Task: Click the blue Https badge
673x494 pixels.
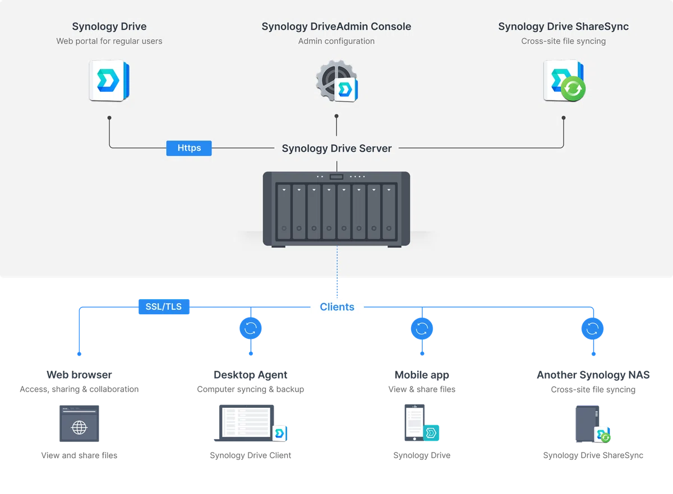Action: (188, 148)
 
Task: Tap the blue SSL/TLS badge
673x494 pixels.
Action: (164, 306)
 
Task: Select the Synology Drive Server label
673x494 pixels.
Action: (336, 148)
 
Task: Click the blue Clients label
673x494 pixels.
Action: (337, 307)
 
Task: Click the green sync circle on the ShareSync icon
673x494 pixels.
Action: (573, 88)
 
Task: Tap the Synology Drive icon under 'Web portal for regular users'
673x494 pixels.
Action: (109, 81)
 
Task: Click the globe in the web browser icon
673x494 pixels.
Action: (79, 427)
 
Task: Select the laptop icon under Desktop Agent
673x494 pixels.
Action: (246, 422)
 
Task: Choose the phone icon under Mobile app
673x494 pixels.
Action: (414, 422)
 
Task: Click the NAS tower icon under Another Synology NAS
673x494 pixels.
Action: (587, 423)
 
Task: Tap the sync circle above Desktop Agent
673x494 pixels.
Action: (251, 328)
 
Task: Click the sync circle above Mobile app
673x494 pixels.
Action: (422, 328)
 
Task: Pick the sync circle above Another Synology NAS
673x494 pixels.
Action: (592, 328)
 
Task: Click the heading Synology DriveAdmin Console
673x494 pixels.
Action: (336, 26)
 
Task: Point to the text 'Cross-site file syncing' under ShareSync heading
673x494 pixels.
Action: (563, 41)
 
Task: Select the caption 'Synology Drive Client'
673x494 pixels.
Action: (250, 455)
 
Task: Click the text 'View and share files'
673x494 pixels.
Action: (79, 455)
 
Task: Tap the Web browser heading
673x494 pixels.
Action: (79, 375)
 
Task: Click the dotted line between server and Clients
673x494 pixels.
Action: (337, 272)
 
